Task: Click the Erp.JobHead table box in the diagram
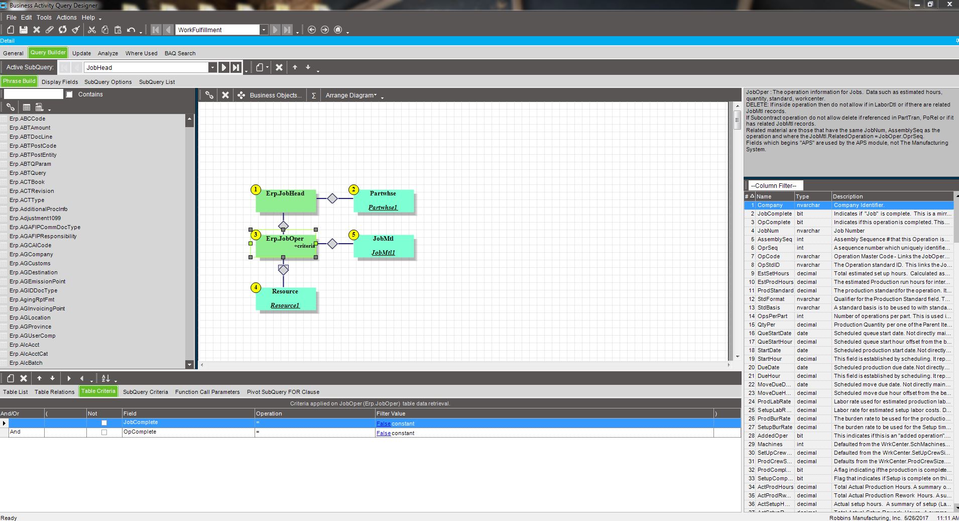286,200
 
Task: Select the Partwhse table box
384,200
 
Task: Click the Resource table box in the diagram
286,299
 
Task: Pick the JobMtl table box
384,246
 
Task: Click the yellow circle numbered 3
256,235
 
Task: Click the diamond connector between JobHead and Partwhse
332,198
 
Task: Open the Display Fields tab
60,82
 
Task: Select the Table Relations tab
54,392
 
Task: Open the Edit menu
27,17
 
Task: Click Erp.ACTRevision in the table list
32,191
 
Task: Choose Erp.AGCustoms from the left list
30,263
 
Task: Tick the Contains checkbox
69,94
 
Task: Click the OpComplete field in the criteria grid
140,432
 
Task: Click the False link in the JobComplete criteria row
384,424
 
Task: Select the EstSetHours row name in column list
773,273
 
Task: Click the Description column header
848,196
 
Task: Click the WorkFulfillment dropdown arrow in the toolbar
264,30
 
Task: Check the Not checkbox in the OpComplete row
104,433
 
